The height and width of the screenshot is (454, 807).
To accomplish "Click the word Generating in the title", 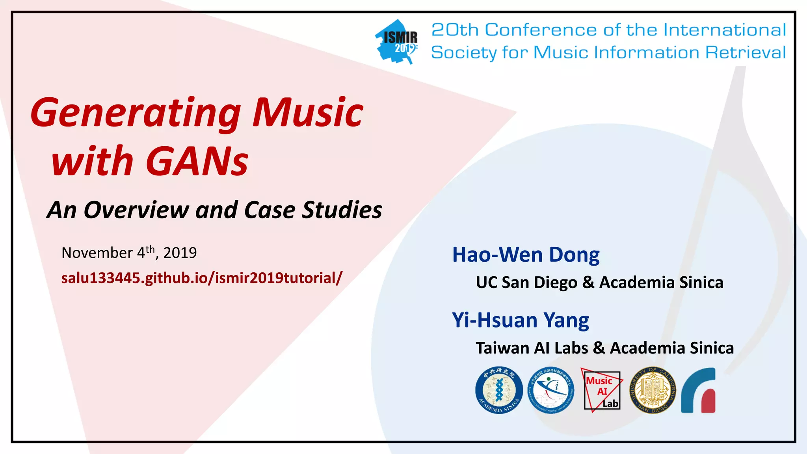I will click(x=135, y=113).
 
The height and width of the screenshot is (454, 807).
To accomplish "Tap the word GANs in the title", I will click(x=197, y=161).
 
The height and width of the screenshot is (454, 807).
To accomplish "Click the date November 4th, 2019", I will click(x=129, y=252).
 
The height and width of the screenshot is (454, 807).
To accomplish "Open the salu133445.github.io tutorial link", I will click(x=202, y=278).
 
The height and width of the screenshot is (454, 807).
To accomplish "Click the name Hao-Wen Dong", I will click(x=526, y=255).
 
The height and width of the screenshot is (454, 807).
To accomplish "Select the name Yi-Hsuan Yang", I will click(x=520, y=320).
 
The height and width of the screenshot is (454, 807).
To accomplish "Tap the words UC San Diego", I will click(x=526, y=283).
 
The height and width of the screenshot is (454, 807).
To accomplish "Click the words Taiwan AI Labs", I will click(x=532, y=348).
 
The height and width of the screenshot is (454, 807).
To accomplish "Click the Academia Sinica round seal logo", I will click(x=499, y=391).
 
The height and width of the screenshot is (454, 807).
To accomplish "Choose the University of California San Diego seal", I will click(x=652, y=391).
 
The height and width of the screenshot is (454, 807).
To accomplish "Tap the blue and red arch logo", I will click(x=698, y=391).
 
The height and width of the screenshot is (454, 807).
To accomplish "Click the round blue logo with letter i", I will click(x=551, y=391).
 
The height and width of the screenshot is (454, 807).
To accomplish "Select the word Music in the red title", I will click(x=308, y=113).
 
